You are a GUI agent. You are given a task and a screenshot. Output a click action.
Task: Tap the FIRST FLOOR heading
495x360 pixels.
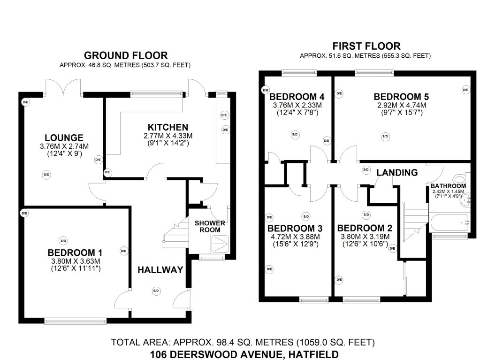(x=366, y=46)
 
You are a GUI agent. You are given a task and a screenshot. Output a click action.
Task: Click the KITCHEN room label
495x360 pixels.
(x=168, y=127)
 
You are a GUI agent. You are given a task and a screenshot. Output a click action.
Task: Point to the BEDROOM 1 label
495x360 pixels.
(x=76, y=252)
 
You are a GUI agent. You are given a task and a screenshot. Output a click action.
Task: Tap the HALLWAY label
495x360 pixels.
(x=160, y=269)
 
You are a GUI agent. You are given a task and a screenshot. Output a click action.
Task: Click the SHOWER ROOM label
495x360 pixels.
(x=210, y=226)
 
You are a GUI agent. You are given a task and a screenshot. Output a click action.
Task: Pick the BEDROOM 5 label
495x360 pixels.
(x=401, y=97)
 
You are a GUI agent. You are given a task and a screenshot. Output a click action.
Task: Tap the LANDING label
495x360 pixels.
(x=397, y=173)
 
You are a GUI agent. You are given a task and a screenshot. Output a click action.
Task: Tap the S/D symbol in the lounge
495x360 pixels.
(x=46, y=175)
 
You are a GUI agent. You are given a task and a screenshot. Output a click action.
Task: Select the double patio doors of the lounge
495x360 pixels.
(x=64, y=87)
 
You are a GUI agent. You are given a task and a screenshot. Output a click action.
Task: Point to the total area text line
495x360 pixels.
(x=243, y=343)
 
